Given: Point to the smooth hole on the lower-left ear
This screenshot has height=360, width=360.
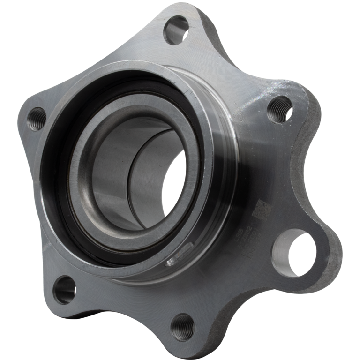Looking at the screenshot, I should pyautogui.click(x=64, y=289).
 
